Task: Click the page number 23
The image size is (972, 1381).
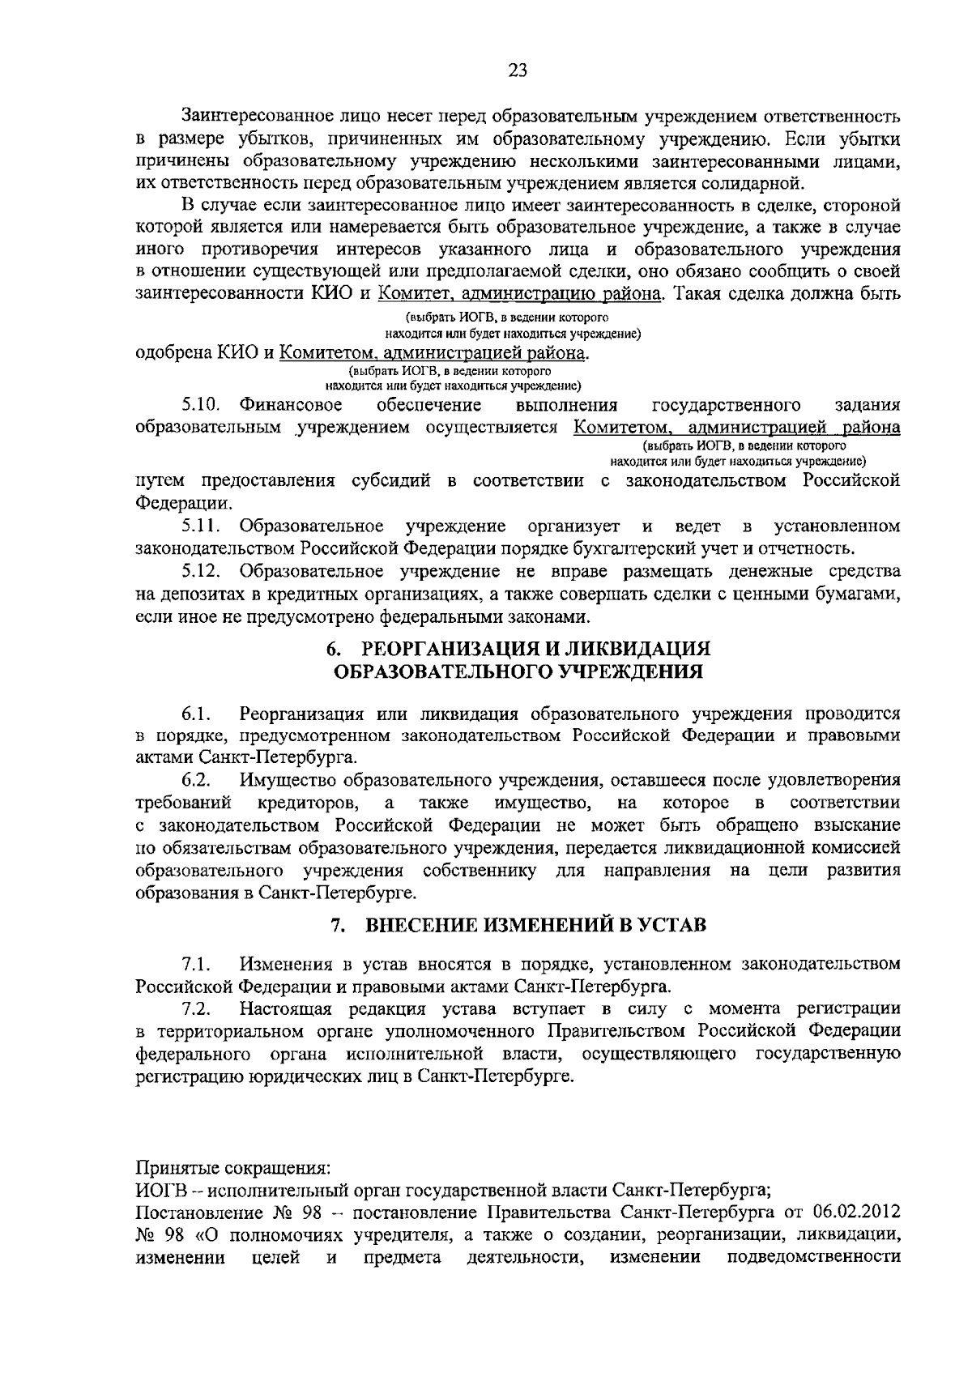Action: click(x=518, y=70)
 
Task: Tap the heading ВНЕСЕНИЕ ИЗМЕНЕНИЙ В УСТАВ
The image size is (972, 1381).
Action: click(x=536, y=925)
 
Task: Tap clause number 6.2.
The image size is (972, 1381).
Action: click(x=197, y=781)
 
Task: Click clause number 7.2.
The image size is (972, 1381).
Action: click(x=197, y=1008)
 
